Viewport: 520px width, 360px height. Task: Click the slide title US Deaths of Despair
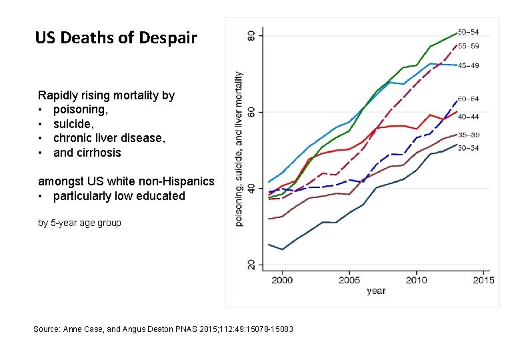point(116,38)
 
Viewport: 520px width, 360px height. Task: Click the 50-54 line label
point(468,33)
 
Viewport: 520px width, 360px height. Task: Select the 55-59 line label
point(468,46)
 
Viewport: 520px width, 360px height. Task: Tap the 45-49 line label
point(468,65)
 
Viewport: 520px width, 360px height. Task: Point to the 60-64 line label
point(468,99)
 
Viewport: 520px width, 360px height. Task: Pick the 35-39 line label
point(468,135)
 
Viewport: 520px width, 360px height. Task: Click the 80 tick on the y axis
point(251,35)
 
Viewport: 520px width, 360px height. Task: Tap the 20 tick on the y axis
point(251,265)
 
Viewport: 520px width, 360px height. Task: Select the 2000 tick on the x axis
point(282,280)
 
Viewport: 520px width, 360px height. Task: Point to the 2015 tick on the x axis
point(483,280)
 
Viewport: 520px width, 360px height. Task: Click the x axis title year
point(376,291)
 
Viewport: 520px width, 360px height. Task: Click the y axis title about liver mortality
point(239,149)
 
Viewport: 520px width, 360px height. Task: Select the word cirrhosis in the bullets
point(99,153)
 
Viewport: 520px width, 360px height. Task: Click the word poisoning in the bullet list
point(80,109)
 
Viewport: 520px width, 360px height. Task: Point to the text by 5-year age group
point(79,223)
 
